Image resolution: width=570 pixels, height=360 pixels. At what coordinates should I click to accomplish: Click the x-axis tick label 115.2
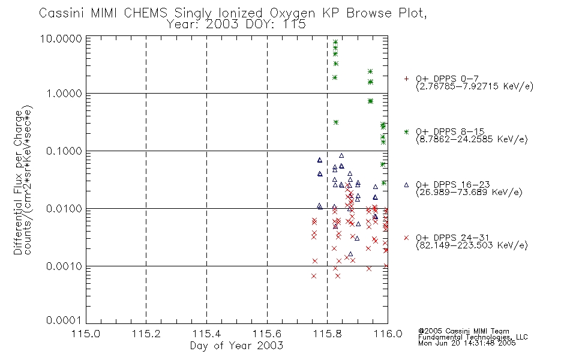pos(146,334)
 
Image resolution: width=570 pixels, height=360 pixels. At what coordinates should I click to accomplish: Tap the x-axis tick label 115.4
pos(206,334)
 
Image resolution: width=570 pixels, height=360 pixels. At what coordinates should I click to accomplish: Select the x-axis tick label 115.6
pos(267,334)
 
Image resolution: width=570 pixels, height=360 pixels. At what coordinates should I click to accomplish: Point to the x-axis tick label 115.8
pos(327,334)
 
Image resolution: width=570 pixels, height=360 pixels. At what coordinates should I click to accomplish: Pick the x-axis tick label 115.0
pos(86,334)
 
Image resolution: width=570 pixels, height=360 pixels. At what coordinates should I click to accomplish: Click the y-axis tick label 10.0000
pos(65,38)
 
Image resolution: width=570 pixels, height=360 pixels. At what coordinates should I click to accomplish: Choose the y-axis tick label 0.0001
pos(67,322)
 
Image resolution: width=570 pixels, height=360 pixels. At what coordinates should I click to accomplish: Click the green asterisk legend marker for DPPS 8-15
pos(407,132)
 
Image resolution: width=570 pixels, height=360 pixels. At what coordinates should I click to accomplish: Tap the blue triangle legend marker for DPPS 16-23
pos(407,185)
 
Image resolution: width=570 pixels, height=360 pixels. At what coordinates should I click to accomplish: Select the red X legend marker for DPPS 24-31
pos(407,238)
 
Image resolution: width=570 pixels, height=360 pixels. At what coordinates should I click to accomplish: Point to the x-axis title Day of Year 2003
pos(236,346)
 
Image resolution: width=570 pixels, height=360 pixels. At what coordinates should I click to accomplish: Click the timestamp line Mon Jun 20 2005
pos(467,344)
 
